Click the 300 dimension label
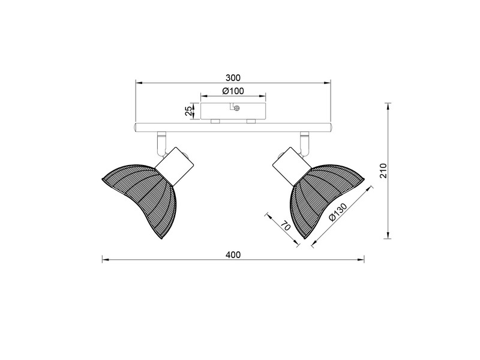pyautogui.click(x=233, y=77)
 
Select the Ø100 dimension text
pyautogui.click(x=233, y=91)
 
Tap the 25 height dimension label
pyautogui.click(x=188, y=111)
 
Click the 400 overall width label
pyautogui.click(x=233, y=255)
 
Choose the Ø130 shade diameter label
pyautogui.click(x=339, y=212)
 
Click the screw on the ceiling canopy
pyautogui.click(x=237, y=109)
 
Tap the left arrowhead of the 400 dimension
pyautogui.click(x=104, y=260)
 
